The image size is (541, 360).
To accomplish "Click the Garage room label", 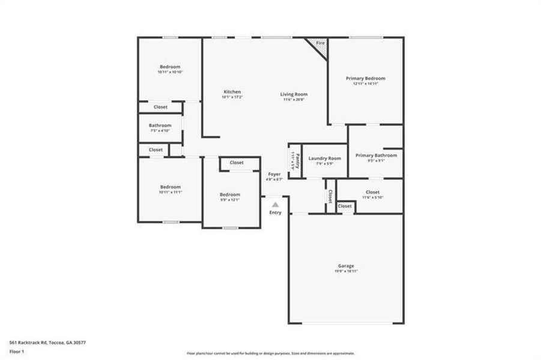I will click(346, 266).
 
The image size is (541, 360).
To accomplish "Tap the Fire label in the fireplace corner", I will click(320, 43).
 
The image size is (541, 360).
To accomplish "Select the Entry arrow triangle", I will click(275, 205).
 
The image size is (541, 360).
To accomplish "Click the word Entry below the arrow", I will click(275, 212).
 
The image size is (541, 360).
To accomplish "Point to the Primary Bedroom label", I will click(365, 78).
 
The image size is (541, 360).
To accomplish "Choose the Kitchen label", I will click(232, 91).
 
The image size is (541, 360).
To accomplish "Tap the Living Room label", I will click(294, 94).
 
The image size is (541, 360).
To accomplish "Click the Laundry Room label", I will click(324, 158).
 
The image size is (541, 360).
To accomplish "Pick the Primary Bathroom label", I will click(376, 155).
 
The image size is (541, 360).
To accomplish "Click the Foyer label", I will click(274, 174).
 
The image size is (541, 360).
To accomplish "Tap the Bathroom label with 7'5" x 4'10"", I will click(160, 125).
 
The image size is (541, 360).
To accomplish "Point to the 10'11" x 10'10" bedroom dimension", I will click(170, 72).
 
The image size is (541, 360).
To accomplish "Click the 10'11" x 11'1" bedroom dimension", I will click(170, 192).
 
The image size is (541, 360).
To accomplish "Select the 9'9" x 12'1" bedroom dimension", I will click(230, 200).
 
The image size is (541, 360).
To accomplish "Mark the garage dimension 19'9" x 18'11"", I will click(346, 271).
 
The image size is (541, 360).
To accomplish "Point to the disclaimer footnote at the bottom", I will click(270, 353).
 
